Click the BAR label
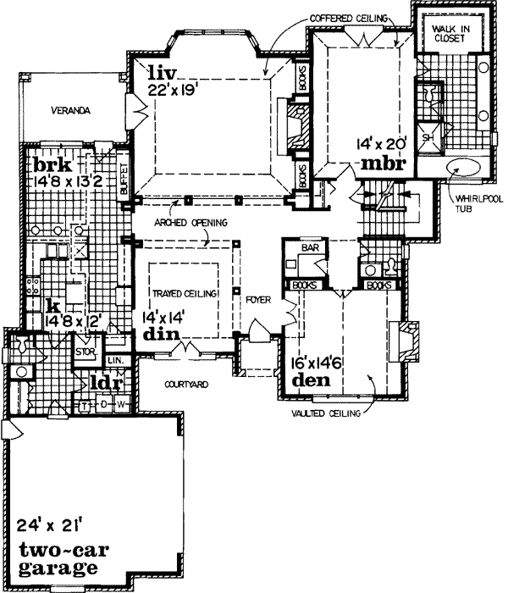pos(306,247)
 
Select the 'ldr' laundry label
pos(104,382)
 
